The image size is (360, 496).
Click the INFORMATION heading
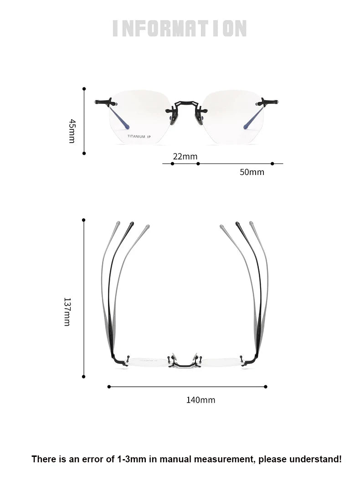pyautogui.click(x=180, y=29)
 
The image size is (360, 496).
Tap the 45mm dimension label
pyautogui.click(x=72, y=131)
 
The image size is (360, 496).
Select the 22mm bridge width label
pyautogui.click(x=185, y=156)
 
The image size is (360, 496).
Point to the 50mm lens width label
pyautogui.click(x=252, y=172)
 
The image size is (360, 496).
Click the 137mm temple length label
pyautogui.click(x=67, y=312)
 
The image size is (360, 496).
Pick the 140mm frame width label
pyautogui.click(x=201, y=400)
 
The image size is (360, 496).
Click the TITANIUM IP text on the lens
pyautogui.click(x=139, y=137)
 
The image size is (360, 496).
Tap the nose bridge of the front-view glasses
pyautogui.click(x=186, y=104)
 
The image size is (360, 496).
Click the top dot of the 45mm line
pyautogui.click(x=84, y=89)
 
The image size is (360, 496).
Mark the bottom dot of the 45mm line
pyautogui.click(x=84, y=153)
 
